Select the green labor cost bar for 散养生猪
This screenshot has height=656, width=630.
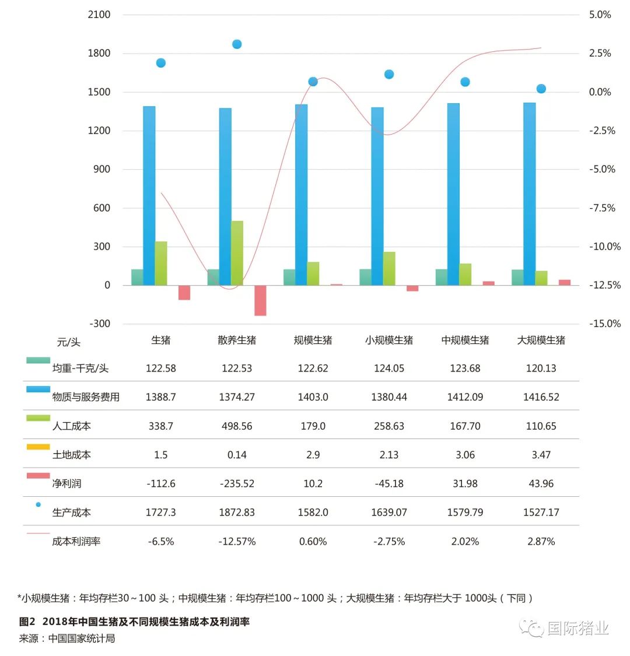237,253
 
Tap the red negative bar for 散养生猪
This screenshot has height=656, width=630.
260,300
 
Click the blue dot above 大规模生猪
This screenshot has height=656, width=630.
541,89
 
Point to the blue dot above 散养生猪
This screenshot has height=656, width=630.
237,44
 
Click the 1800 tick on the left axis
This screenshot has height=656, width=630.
99,53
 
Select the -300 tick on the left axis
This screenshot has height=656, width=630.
99,324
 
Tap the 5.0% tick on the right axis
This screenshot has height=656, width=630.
600,15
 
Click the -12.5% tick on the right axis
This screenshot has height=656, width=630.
601,285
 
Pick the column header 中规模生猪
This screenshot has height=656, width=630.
465,340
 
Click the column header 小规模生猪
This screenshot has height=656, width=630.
389,340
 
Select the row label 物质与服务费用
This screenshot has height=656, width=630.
86,397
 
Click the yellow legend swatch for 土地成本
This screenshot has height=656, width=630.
38,447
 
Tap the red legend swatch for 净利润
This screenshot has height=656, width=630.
38,476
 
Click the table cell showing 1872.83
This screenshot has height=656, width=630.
237,513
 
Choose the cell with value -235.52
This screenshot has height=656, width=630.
237,483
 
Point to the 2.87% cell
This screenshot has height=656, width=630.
541,541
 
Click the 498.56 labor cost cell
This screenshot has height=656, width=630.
237,426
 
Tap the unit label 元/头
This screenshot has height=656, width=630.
68,342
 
